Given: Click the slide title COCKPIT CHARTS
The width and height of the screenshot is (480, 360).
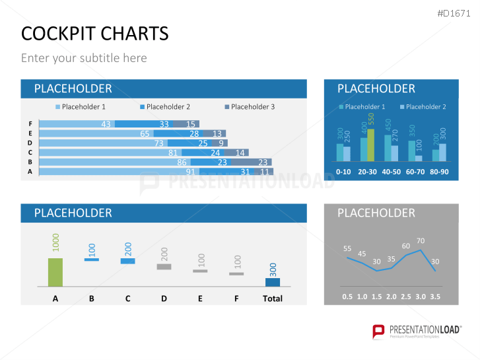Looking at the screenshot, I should coord(94,33).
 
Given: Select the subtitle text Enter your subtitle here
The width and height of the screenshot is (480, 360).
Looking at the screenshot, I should coord(84,58).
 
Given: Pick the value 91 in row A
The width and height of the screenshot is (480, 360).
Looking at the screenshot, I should coord(190,172).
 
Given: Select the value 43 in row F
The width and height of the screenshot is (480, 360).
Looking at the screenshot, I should coord(106,124).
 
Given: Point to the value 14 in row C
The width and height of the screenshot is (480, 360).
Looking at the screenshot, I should coord(240,153).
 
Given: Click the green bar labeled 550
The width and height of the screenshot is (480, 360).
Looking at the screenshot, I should coord(370,145).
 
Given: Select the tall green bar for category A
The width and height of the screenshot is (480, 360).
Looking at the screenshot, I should coord(55,271).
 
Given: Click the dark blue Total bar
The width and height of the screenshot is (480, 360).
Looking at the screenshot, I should coord(272,282).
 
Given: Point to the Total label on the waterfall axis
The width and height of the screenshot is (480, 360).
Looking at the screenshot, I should coord(272,299).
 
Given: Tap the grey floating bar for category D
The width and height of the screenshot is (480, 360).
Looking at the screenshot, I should coord(164,266).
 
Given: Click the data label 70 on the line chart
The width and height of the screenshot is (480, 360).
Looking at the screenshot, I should coord(421,241).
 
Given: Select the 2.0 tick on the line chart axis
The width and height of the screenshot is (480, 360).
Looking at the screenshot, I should coord(391,297).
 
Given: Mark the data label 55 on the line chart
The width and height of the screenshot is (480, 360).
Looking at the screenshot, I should coord(347,249).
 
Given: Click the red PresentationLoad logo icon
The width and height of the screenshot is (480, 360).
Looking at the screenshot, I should coord(378,332).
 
